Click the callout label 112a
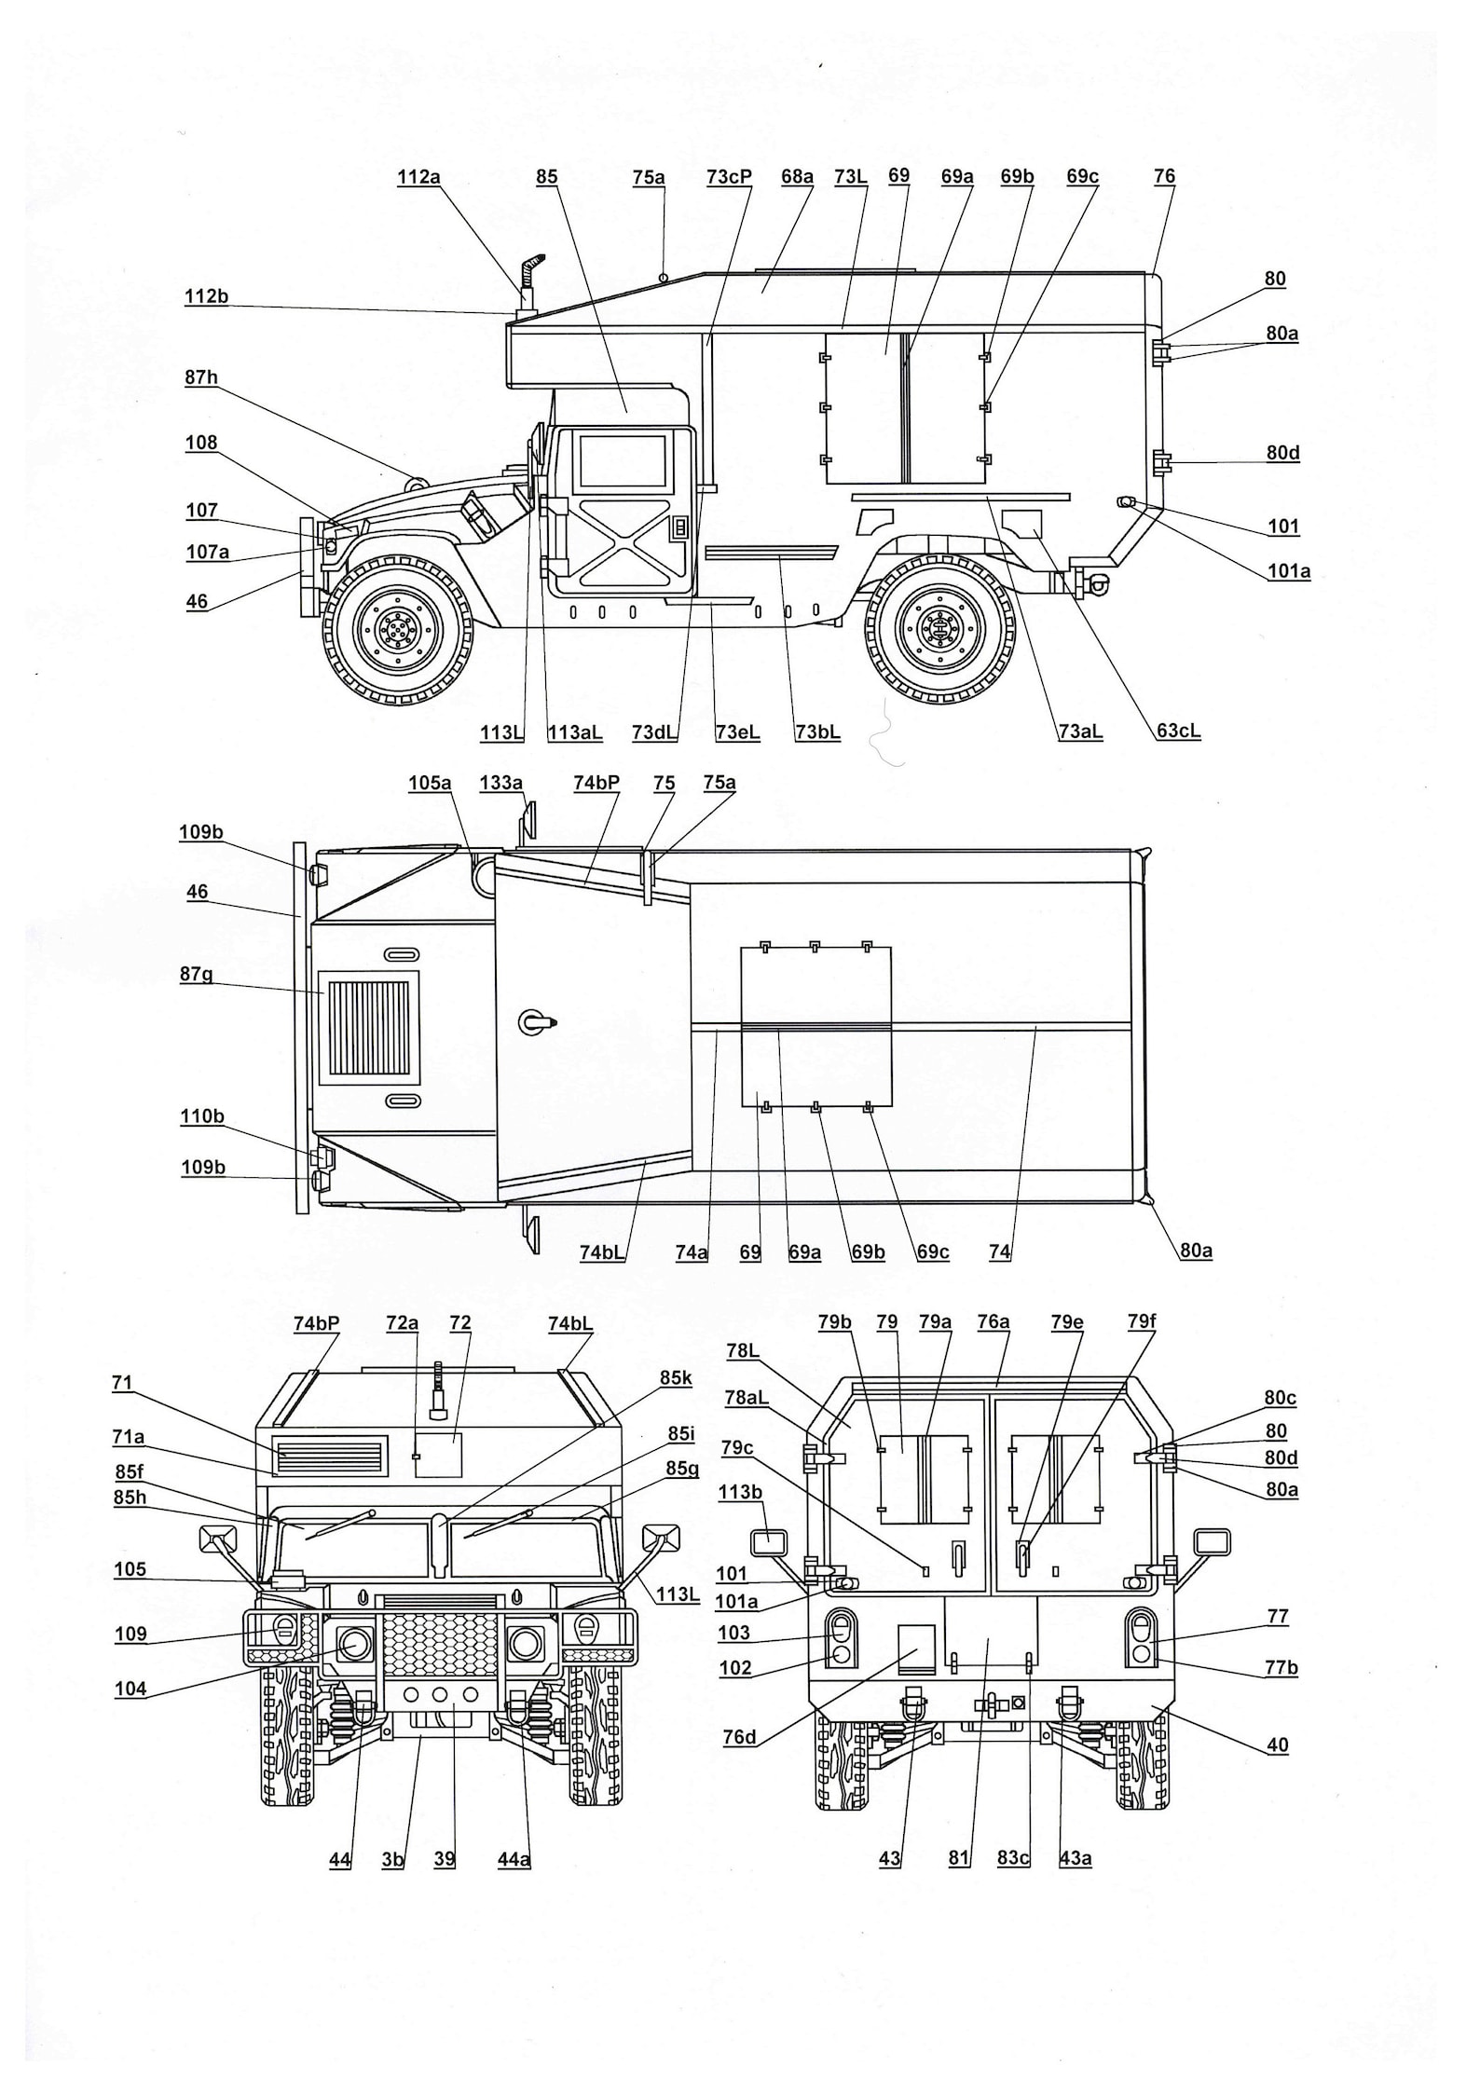[418, 177]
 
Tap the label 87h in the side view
[200, 377]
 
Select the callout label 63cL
[1178, 732]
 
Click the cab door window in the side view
[623, 461]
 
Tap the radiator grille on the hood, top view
[370, 1029]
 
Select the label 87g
[197, 975]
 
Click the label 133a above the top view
[500, 783]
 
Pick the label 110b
[202, 1116]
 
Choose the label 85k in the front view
[676, 1378]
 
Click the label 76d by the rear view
[739, 1736]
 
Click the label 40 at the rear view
[1277, 1745]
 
